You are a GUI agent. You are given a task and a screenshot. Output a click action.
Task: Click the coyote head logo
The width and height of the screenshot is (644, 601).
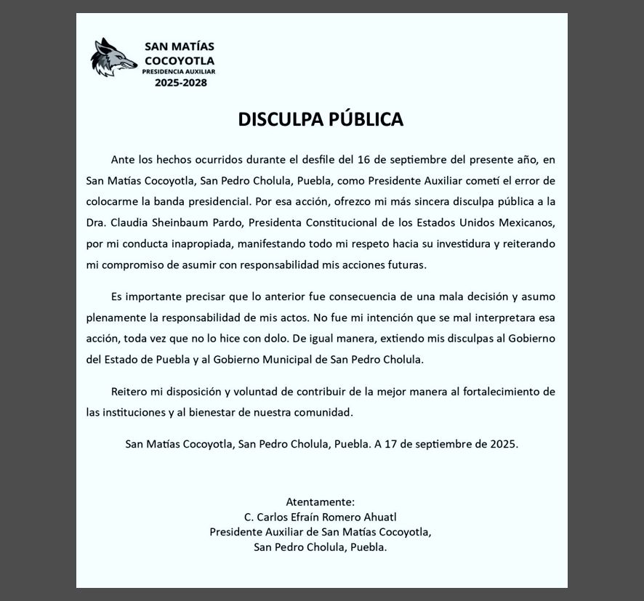[x=114, y=57]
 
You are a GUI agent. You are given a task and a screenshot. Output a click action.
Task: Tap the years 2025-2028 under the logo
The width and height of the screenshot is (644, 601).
[x=180, y=83]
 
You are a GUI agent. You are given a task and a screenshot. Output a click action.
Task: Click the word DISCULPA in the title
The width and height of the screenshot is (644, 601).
[x=280, y=119]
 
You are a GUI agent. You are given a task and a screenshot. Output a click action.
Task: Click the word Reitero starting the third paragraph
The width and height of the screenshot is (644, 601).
[x=129, y=392]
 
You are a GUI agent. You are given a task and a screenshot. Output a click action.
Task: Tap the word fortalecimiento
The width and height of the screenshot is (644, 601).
[x=500, y=392]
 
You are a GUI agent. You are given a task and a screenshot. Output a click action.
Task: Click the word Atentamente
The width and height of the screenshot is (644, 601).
[x=320, y=501]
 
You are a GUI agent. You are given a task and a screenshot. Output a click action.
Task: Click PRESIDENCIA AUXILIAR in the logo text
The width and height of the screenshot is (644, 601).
[x=178, y=72]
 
